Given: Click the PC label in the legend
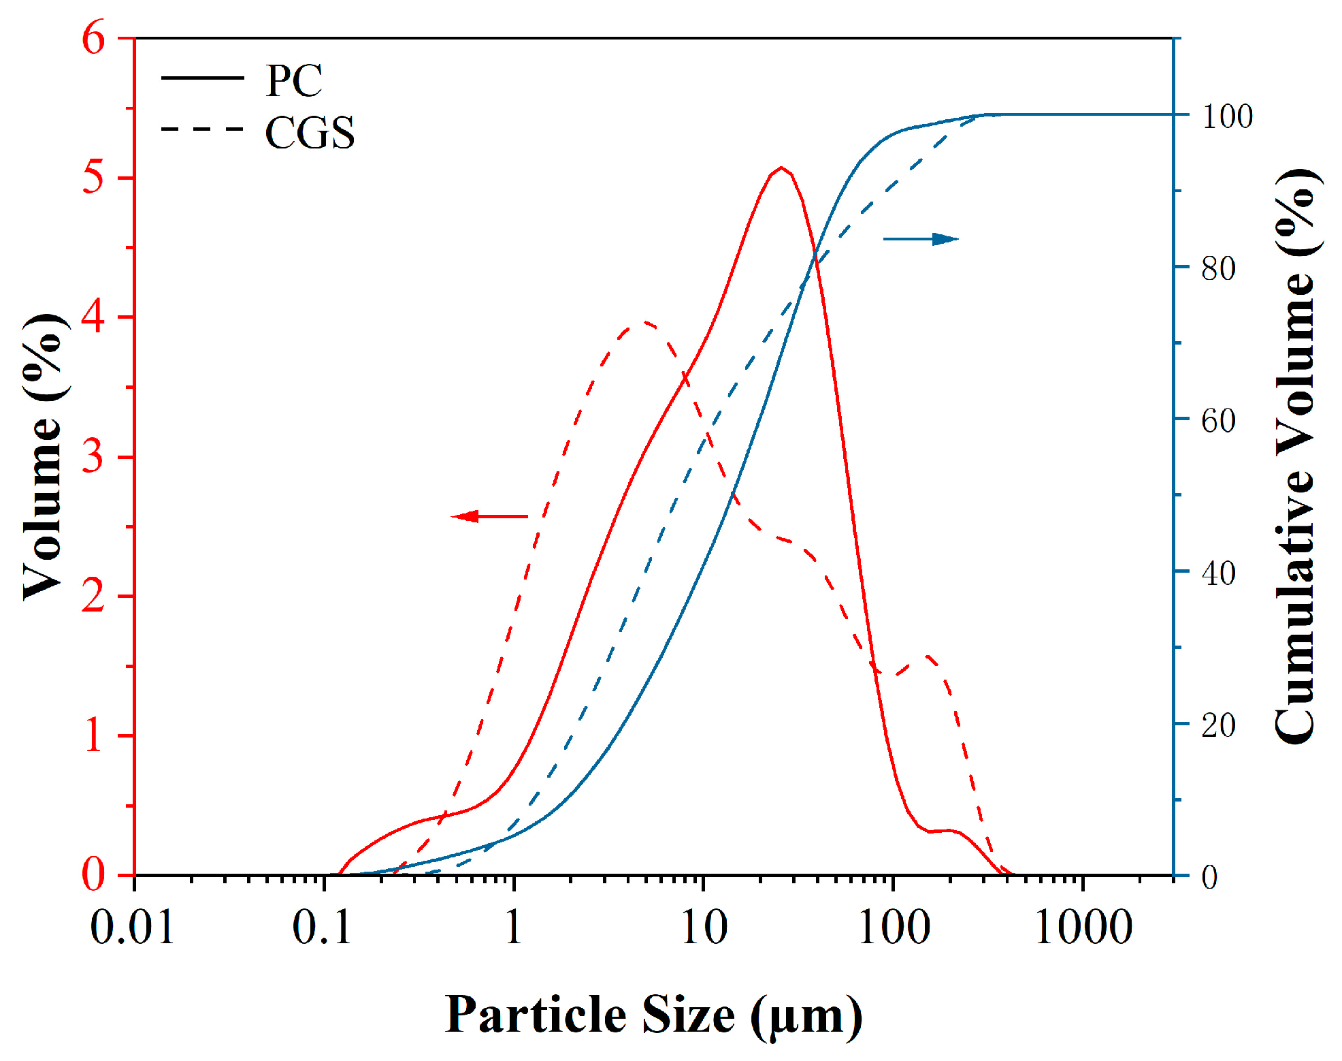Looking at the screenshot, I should (293, 81).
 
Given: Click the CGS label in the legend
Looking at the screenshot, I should (310, 132).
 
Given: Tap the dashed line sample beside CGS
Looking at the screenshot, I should (202, 129).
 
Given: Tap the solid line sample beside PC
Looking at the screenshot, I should (202, 78).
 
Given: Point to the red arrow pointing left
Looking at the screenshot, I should (489, 516).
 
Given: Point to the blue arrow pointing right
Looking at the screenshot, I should (921, 239).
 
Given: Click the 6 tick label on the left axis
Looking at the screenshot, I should (94, 37).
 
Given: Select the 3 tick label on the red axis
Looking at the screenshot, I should (94, 456).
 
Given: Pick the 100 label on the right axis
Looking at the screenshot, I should (1226, 116).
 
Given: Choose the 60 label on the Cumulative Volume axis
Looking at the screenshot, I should (1218, 421).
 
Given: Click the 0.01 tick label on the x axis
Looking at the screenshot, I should (133, 927).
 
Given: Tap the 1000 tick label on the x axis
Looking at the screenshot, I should (1083, 927).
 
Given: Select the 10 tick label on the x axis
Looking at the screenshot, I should (704, 927).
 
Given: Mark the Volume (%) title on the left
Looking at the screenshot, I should (45, 456).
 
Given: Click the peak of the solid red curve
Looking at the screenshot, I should (782, 168).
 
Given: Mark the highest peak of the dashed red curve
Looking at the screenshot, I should (642, 322).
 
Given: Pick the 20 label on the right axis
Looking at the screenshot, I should (1218, 725).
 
